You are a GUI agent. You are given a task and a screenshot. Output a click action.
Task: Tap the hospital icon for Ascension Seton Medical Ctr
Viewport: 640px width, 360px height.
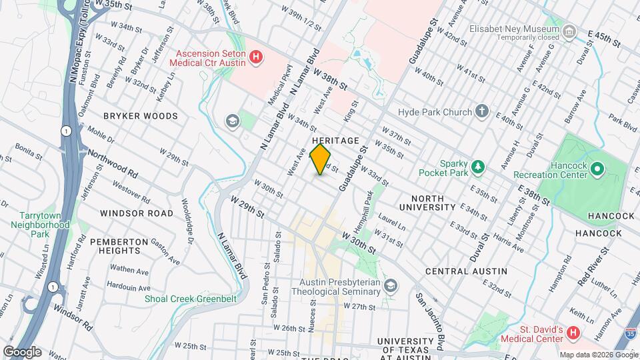click(x=255, y=58)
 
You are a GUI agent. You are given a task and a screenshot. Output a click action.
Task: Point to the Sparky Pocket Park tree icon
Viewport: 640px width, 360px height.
click(x=477, y=166)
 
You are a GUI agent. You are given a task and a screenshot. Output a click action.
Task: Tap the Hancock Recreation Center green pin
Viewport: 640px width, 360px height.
click(x=597, y=169)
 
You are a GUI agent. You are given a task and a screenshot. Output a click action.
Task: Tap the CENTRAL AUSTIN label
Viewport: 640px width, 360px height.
click(x=466, y=271)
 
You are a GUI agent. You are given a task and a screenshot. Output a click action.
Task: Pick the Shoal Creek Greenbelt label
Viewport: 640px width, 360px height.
click(x=191, y=299)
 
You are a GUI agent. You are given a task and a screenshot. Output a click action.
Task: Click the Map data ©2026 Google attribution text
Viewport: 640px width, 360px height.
click(x=598, y=355)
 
